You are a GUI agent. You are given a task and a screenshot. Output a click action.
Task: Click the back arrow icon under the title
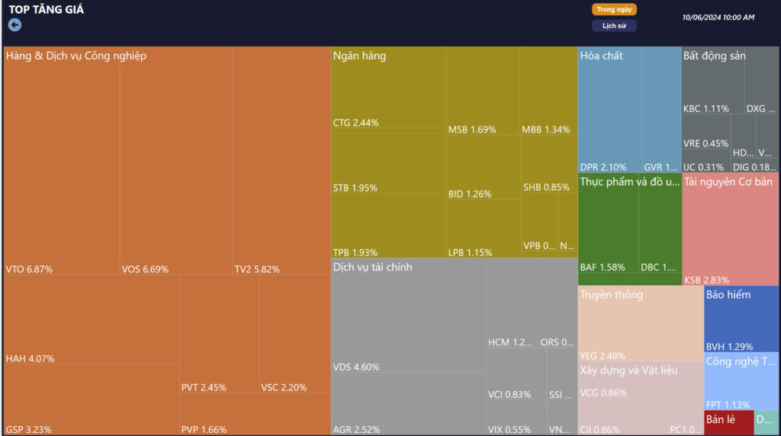14,24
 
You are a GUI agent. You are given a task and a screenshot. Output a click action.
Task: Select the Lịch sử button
613,26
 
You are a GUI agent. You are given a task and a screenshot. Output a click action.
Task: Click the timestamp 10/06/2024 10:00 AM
718,18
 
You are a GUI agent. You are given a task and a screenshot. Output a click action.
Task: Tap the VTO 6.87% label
29,269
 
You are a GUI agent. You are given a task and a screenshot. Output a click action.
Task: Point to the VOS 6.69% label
145,269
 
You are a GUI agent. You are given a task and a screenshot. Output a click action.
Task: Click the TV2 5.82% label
257,269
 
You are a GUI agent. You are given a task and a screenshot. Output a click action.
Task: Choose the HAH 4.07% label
30,358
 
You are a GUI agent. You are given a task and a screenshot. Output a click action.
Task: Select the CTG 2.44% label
355,123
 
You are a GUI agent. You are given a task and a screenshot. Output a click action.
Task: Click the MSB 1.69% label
471,130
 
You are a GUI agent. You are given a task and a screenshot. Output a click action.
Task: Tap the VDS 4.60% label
356,367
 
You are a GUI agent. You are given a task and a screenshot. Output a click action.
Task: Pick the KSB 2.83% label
706,280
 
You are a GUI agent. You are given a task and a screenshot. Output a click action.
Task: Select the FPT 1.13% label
728,405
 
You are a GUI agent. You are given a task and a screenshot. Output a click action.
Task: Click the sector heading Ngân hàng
359,56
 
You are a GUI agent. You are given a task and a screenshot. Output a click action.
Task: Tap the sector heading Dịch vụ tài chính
372,267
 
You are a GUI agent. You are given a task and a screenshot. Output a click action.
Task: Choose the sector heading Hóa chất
601,56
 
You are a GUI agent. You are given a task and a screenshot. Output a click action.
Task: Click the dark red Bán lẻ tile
718,422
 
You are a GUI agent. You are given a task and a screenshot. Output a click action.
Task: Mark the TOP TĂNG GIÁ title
47,10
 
